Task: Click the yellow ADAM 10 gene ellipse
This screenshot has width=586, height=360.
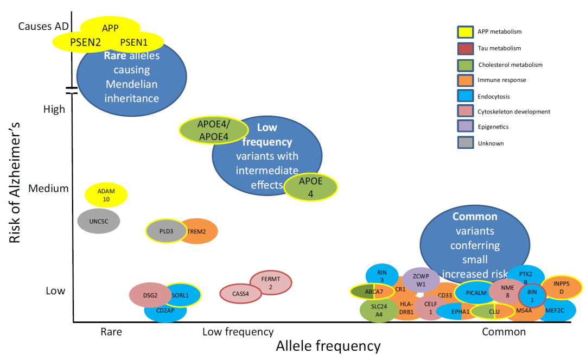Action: [x=106, y=195]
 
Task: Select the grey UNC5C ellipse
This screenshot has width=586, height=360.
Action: [x=99, y=222]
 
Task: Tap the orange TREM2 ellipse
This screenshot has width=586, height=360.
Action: [x=198, y=231]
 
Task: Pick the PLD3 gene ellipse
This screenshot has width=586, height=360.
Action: [x=167, y=231]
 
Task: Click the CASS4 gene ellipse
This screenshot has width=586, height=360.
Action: [x=241, y=294]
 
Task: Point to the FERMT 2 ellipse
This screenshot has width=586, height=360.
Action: [x=271, y=283]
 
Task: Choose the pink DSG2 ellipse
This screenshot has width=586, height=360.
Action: [x=150, y=295]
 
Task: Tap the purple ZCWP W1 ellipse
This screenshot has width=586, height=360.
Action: [x=421, y=280]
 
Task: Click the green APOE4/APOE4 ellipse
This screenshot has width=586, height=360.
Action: [x=214, y=130]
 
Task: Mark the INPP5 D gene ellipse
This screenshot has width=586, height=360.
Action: [x=562, y=288]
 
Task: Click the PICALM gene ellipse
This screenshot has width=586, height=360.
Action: [x=476, y=293]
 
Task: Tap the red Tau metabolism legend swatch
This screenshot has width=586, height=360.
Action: [x=466, y=49]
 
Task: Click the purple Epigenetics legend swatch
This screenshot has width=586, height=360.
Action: [x=466, y=126]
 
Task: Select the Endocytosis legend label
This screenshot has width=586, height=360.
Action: [x=493, y=97]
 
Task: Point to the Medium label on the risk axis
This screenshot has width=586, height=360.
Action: [x=49, y=188]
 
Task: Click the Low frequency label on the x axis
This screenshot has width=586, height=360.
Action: [x=238, y=332]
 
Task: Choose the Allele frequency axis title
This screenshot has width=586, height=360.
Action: [x=328, y=346]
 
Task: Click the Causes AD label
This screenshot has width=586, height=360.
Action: [x=44, y=26]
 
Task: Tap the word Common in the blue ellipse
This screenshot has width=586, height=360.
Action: [x=475, y=217]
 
